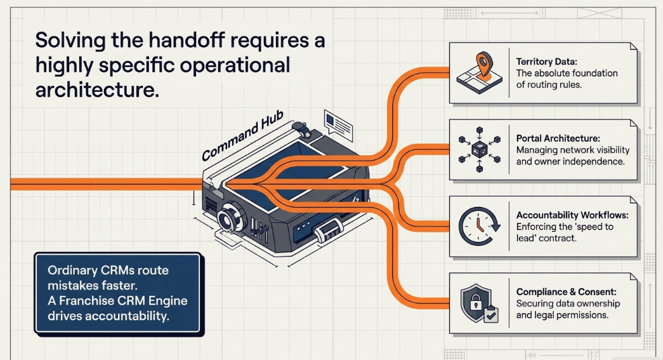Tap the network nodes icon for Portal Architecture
(x=480, y=149)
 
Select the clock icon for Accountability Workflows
(x=480, y=226)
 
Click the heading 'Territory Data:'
(x=546, y=62)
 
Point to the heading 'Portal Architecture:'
(x=558, y=138)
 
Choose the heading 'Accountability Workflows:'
(x=572, y=215)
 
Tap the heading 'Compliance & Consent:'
(x=566, y=292)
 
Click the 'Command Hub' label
(x=242, y=136)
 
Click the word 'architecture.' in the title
(x=97, y=90)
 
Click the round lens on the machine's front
(x=230, y=217)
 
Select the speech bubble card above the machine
(x=338, y=125)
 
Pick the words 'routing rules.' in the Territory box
(x=560, y=84)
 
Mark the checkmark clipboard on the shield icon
(x=491, y=315)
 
